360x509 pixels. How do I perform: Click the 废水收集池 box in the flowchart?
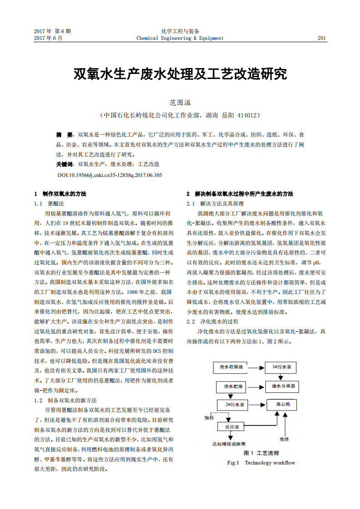[232, 366]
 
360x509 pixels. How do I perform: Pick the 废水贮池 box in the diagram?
[232, 386]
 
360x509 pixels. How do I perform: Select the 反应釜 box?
[232, 427]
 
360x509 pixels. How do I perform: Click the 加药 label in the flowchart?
[209, 418]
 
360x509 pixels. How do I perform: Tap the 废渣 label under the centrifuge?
[284, 439]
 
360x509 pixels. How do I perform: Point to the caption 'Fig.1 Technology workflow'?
[261, 463]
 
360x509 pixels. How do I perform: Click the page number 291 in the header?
[322, 38]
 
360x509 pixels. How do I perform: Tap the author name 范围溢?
[180, 103]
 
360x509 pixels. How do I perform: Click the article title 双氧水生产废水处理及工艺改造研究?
[180, 74]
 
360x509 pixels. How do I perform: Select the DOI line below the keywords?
[109, 175]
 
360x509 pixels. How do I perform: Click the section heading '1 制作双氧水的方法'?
[60, 194]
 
